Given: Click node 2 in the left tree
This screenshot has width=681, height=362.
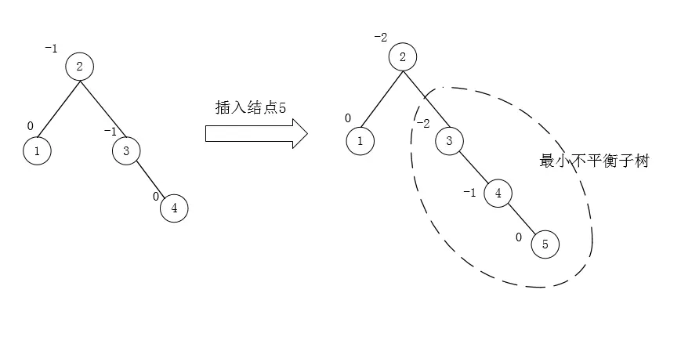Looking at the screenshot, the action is tap(79, 67).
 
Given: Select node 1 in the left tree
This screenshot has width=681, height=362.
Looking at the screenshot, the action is tap(37, 150).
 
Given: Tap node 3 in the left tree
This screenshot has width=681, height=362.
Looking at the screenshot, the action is tap(125, 150).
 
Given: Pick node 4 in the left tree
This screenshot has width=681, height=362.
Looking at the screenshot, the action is tap(174, 208).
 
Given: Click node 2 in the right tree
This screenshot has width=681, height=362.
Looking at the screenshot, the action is tap(402, 56).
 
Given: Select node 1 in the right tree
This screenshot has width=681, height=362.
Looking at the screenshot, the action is tap(360, 141).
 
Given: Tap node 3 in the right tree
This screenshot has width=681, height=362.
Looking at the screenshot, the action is tap(449, 141).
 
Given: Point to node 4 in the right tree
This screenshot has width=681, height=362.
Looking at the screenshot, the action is tap(498, 193).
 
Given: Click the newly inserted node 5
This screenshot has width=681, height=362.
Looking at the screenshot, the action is tap(545, 244).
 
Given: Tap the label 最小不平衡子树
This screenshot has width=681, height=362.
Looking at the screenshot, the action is tap(594, 162).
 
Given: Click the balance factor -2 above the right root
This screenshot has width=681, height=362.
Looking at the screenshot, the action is tap(381, 37).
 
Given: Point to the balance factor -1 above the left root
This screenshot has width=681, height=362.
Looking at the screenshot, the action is tap(51, 49).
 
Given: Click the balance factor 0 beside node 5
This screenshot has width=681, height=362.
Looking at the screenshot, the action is tap(518, 236).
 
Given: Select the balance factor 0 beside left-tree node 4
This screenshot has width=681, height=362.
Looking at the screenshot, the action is tap(156, 196).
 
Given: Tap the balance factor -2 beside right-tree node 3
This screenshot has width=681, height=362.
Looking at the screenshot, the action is tap(422, 124).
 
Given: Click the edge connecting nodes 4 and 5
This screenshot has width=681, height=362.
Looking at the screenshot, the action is tap(521, 219).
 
